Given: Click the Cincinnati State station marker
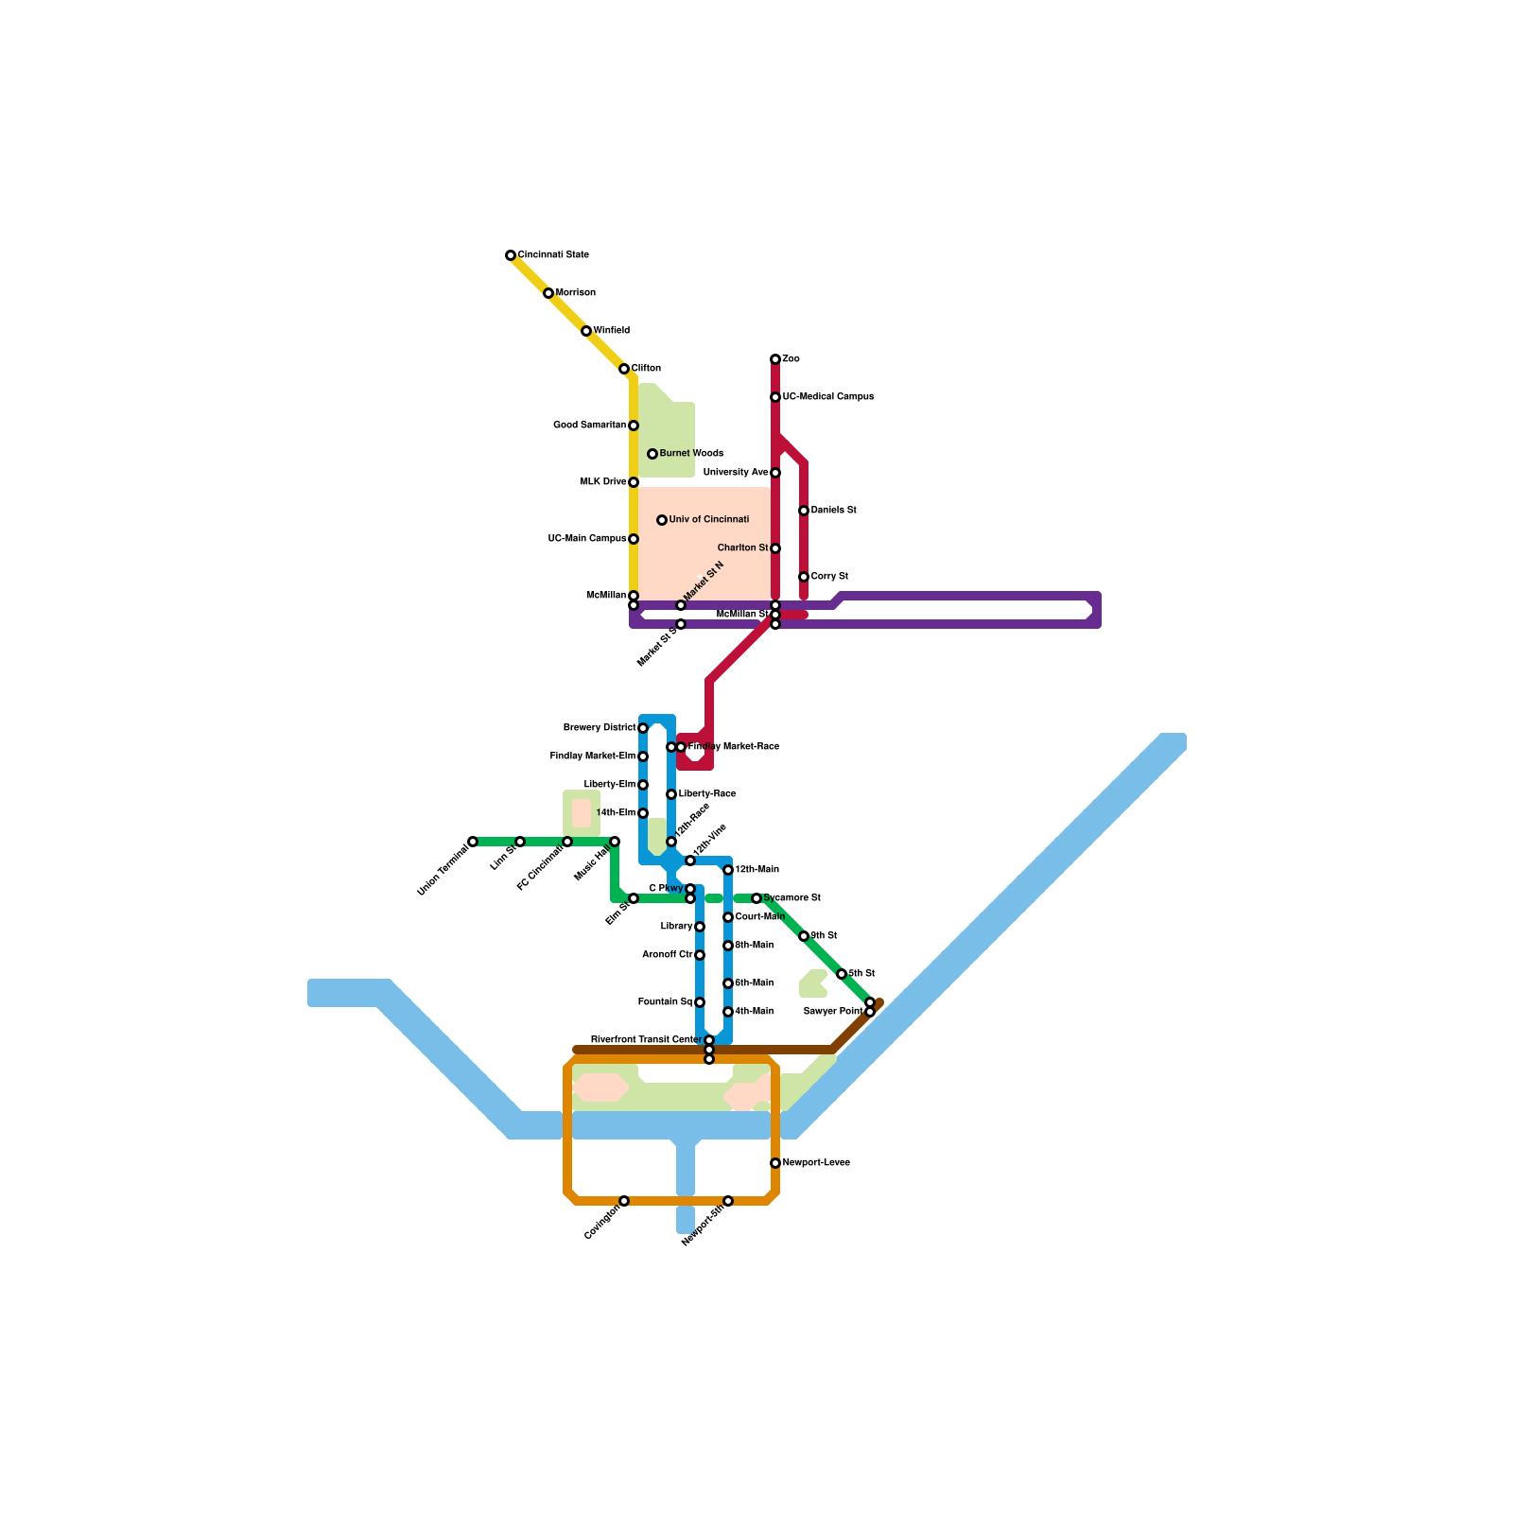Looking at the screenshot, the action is point(511,255).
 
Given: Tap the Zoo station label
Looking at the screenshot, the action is point(791,359).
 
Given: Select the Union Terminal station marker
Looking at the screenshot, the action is point(473,842).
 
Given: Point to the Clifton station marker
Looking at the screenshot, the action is point(624,369).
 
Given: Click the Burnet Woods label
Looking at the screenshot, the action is point(691,454).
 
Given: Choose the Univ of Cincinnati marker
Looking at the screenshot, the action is point(662,520).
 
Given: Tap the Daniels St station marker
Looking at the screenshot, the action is point(804,511).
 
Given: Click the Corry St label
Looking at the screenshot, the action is point(829,577).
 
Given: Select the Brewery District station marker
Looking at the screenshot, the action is point(643,728).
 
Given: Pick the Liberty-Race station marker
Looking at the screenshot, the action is point(671,794).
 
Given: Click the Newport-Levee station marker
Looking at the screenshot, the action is point(775,1163).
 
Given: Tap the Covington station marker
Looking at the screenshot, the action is point(624,1201).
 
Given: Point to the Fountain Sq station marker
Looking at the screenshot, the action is point(700,1002).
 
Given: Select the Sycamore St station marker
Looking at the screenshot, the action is point(756,898).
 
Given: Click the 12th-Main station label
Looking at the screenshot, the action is point(757,870).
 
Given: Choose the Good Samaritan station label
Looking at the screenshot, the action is point(589,426).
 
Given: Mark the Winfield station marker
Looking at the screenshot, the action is point(586,331).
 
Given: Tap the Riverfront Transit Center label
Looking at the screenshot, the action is point(646,1040).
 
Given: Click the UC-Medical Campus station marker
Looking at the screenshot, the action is point(775,397).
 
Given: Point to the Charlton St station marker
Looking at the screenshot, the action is point(775,548).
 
